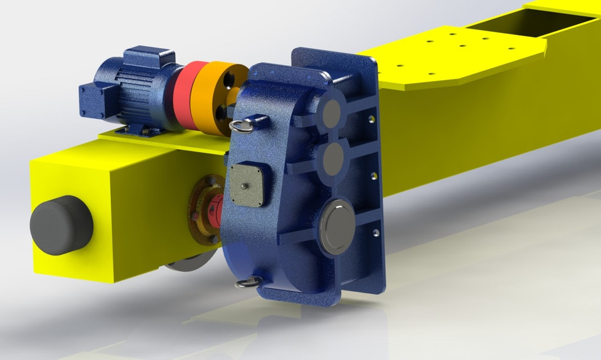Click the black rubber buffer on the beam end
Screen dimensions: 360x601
(x=61, y=225)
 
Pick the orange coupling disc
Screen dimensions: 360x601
(x=213, y=97)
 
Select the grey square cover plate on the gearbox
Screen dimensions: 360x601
(x=249, y=185)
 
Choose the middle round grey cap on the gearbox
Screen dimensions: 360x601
(x=332, y=158)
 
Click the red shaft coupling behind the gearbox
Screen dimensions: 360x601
(x=215, y=207)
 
